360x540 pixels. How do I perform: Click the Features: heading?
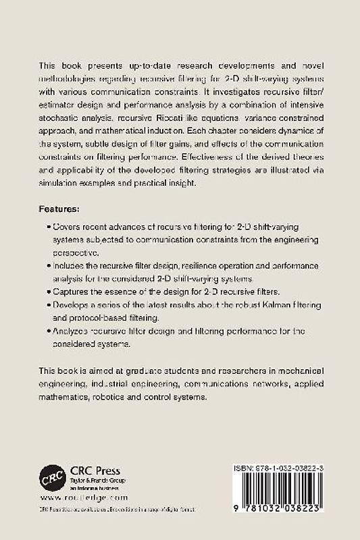[61, 210]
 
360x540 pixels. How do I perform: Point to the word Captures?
[72, 292]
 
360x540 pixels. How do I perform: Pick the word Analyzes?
[73, 332]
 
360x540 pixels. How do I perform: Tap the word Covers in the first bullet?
[68, 227]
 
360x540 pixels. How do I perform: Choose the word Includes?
[71, 267]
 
